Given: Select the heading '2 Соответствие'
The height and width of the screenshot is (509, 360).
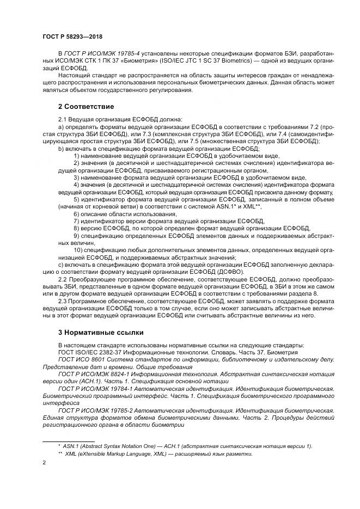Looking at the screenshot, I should coord(86,106).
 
